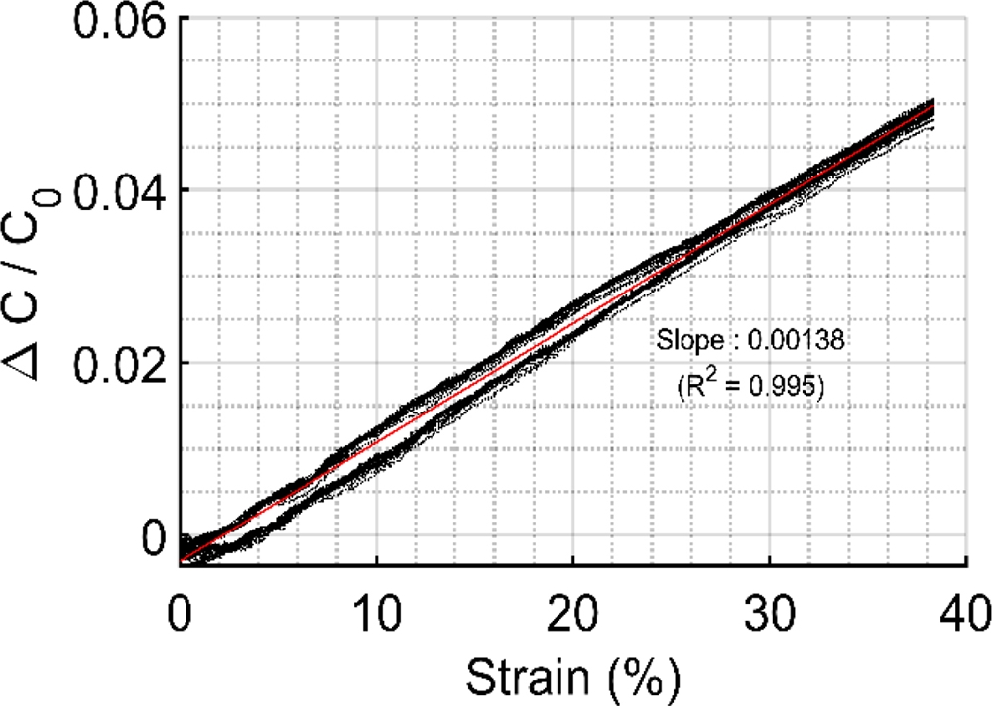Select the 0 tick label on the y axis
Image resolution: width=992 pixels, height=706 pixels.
pos(151,536)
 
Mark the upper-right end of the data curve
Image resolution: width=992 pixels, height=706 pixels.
pos(931,103)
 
